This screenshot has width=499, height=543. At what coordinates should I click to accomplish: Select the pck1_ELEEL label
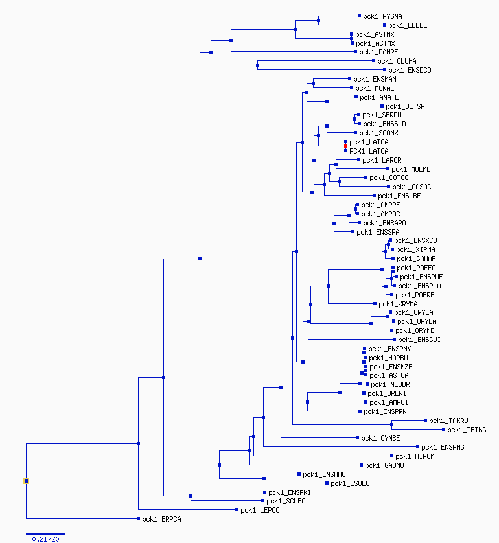[408, 25]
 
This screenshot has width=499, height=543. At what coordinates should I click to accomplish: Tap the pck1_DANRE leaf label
[378, 52]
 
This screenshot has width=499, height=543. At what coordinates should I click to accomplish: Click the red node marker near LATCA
[345, 146]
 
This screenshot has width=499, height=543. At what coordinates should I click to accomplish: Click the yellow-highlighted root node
[26, 481]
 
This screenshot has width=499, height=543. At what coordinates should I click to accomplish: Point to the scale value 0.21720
[46, 539]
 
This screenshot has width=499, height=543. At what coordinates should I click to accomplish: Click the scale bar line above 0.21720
[45, 534]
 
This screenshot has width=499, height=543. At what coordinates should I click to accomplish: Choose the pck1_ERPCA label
[161, 519]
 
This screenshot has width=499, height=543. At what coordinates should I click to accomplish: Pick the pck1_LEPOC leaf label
[260, 510]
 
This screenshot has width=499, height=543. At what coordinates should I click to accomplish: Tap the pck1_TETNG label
[467, 430]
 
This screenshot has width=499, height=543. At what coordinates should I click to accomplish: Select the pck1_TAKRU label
[448, 421]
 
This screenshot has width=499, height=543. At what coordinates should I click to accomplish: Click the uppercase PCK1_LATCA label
[369, 151]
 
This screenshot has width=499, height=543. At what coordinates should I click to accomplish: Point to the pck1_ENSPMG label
[443, 447]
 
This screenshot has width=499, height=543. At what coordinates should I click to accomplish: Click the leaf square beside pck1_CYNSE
[357, 438]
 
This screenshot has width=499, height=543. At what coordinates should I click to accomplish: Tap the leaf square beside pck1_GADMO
[361, 465]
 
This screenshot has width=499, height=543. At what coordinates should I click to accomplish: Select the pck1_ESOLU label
[350, 483]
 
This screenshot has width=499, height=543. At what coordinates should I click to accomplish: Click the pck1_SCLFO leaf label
[286, 501]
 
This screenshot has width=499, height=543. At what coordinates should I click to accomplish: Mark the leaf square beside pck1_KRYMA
[375, 304]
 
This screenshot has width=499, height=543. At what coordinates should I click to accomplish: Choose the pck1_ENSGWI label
[419, 340]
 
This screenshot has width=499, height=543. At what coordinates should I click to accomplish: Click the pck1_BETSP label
[405, 106]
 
